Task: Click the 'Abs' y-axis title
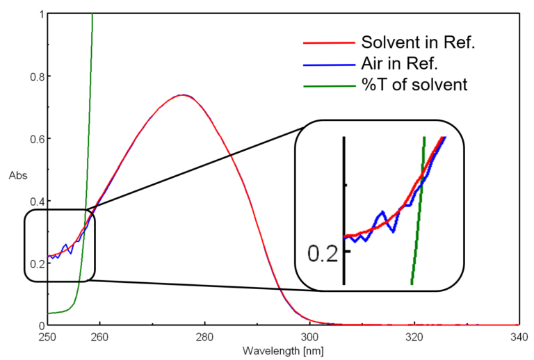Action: (x=17, y=176)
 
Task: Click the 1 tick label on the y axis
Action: (x=41, y=14)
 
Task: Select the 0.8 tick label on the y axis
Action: (x=37, y=76)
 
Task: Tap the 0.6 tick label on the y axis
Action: (x=37, y=139)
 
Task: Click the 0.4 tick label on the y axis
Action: (x=37, y=201)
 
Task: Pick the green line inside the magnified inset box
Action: (x=418, y=208)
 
